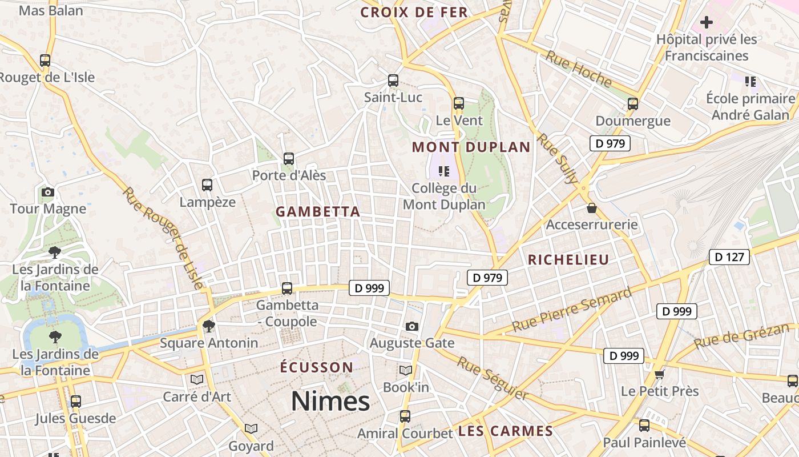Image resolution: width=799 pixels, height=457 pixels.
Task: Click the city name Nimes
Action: (x=330, y=401)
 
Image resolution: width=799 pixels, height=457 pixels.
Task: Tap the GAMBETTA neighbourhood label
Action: (x=318, y=212)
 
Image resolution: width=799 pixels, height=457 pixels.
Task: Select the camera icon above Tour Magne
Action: (x=48, y=192)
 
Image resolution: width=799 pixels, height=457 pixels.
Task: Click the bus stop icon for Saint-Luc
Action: (x=393, y=81)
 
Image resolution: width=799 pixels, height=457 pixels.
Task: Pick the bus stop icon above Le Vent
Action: (x=459, y=103)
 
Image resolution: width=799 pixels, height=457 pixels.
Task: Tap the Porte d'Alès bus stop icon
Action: (x=289, y=159)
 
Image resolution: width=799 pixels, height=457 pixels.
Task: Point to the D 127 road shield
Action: (x=729, y=257)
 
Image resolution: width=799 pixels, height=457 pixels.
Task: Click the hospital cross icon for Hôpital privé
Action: (x=707, y=23)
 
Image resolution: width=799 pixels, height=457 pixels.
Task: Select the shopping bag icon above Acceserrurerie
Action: (x=591, y=208)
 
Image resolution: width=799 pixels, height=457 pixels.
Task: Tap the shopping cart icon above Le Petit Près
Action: (x=660, y=375)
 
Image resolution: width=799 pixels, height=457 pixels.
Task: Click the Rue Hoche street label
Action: (x=579, y=69)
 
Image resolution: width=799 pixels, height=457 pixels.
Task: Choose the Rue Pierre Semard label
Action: (x=572, y=310)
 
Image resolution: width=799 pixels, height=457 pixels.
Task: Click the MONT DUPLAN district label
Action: (x=471, y=147)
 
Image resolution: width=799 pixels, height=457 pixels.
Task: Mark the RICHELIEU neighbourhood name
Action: (x=568, y=260)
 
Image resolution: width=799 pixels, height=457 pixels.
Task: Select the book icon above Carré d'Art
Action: (x=197, y=379)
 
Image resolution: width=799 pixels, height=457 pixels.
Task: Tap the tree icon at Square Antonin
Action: (x=209, y=326)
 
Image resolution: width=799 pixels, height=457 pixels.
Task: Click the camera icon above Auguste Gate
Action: (x=412, y=326)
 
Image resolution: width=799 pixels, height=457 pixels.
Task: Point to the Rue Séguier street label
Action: (x=492, y=378)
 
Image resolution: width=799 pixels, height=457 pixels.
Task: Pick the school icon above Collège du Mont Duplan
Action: (x=444, y=171)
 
